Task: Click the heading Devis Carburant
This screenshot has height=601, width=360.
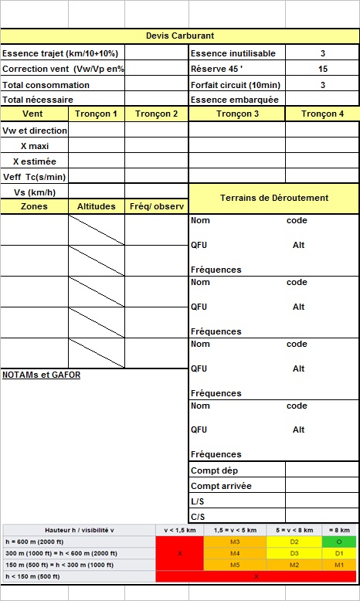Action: [x=180, y=36]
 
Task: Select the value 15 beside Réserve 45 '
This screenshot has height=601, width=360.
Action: [x=322, y=69]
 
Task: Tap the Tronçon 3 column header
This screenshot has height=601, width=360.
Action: [x=237, y=114]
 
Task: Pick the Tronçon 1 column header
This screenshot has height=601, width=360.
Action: [x=97, y=114]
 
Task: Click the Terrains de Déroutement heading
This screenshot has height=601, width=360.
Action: [x=274, y=198]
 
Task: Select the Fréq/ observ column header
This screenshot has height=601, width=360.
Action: [x=157, y=206]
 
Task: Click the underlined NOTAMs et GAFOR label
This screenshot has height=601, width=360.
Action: [x=41, y=375]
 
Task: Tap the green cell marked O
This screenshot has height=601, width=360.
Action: [x=339, y=542]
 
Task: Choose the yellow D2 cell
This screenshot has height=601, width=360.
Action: [x=294, y=542]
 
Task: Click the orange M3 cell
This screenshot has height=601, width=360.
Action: [x=235, y=542]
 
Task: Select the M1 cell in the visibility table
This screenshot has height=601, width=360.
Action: [x=339, y=565]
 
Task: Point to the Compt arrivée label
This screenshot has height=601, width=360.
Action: [x=220, y=486]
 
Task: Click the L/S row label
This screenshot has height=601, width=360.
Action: [x=197, y=501]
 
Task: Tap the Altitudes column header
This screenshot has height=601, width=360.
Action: [x=97, y=206]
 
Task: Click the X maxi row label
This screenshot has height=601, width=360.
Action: [x=35, y=146]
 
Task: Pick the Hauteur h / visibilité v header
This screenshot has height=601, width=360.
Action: [x=80, y=530]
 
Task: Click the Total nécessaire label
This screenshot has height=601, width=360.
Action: [x=38, y=100]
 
